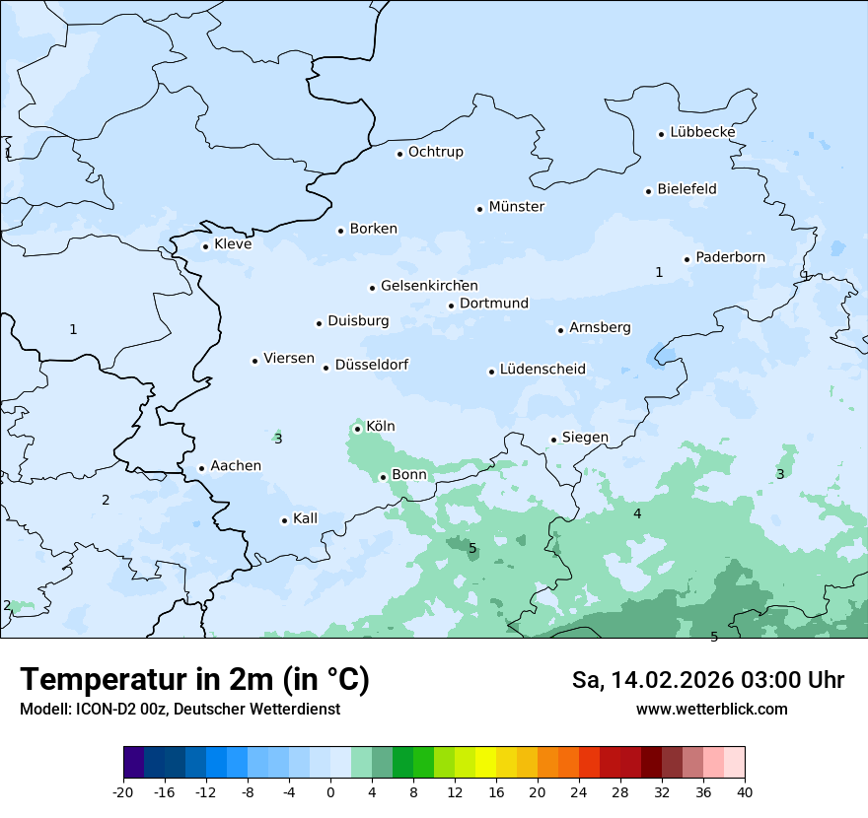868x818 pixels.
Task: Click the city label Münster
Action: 517,207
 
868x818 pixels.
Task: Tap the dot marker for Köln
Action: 357,429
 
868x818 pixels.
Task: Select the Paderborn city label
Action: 730,257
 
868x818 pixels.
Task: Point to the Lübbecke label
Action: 702,132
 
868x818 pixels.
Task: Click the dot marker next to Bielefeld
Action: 649,191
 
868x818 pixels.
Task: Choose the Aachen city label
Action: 236,466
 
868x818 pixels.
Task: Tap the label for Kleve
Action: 233,244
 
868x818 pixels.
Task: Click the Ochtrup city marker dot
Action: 399,154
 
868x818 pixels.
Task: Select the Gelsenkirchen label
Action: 429,286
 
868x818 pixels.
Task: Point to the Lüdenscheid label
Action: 542,370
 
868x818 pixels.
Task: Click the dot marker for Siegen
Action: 553,440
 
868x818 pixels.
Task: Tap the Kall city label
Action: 305,518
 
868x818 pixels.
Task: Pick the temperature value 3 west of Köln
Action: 278,439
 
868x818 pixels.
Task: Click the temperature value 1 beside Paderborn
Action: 659,272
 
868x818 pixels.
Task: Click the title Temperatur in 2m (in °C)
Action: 194,679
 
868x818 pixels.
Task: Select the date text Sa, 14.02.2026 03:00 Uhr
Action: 707,680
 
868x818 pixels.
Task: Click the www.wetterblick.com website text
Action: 711,709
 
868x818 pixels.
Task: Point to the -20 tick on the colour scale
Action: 123,792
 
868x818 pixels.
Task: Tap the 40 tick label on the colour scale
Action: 744,792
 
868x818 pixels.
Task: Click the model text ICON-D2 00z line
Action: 180,709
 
